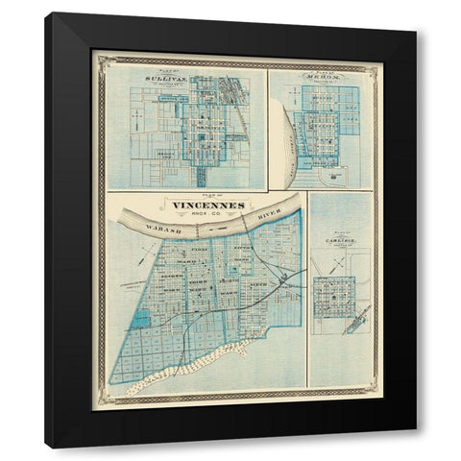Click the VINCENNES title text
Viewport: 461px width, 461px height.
[x=208, y=205]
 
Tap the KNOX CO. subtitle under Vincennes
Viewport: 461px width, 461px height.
[x=208, y=212]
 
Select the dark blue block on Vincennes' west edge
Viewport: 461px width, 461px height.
[x=142, y=319]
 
